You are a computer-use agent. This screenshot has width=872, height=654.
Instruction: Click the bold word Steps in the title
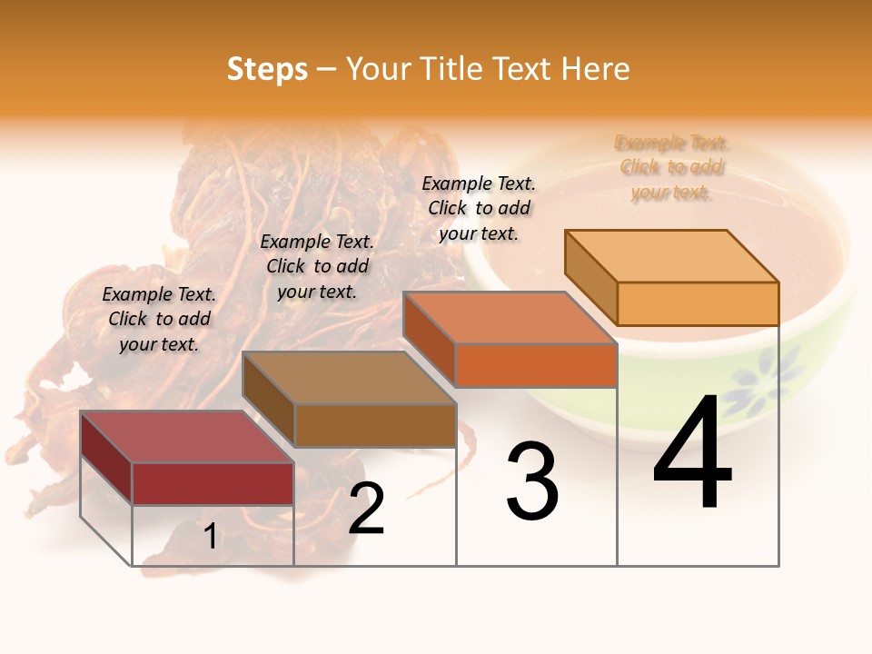coord(267,69)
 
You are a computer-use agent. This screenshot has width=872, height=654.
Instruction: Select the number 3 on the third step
coord(532,481)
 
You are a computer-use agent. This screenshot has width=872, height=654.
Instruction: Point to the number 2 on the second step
coord(367,509)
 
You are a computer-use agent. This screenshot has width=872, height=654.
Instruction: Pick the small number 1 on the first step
coord(211,537)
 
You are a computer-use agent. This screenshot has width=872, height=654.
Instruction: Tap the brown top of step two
coord(349,377)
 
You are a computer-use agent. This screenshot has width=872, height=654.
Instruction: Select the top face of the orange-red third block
coord(510,318)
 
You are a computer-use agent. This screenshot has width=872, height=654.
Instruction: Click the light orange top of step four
coord(672,255)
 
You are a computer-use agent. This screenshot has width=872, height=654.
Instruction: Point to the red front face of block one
coord(213,483)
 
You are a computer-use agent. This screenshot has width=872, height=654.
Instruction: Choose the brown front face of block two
coord(375,424)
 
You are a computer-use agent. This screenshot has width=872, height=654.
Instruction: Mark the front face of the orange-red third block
coord(536,365)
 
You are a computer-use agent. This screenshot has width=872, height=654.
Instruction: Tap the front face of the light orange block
coord(698,303)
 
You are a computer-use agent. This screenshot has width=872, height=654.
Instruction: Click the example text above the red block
coord(159,319)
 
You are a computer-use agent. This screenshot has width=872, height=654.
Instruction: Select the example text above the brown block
coord(317,266)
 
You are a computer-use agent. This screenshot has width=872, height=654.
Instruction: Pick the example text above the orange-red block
coord(479,208)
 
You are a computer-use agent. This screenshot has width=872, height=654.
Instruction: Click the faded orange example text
coord(671,167)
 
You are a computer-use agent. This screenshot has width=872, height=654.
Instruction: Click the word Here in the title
coord(595,69)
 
